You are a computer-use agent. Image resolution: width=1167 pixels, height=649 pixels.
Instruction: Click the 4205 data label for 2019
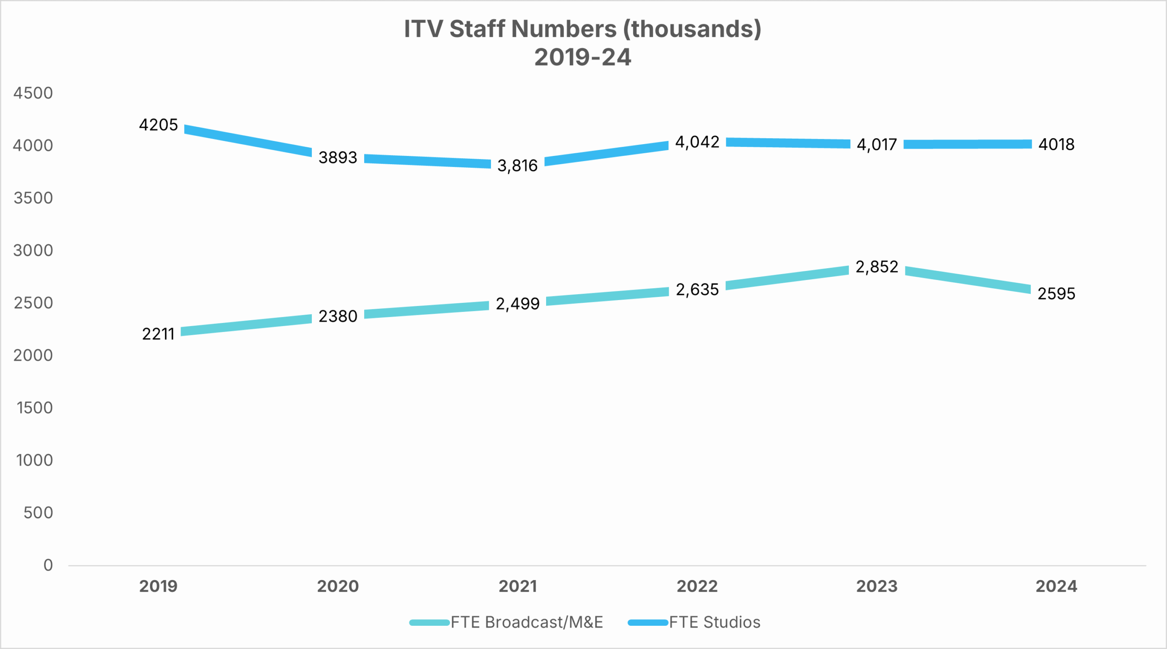(158, 125)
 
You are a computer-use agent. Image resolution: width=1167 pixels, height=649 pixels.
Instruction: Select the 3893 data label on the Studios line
(338, 157)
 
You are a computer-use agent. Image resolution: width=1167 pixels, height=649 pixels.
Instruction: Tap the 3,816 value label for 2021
(517, 166)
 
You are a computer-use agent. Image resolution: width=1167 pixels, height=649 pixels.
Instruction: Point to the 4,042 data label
(697, 142)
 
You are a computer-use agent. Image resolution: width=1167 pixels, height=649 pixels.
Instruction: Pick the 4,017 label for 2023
(877, 145)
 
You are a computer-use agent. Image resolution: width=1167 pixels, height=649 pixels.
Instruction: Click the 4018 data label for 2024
(1056, 145)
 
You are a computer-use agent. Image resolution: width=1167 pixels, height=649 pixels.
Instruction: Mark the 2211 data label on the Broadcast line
(158, 334)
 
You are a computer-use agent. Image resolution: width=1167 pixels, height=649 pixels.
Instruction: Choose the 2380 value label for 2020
(338, 316)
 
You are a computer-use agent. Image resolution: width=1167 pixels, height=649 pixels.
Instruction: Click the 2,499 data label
(517, 304)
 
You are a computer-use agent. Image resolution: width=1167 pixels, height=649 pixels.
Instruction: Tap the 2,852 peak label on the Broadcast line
(877, 267)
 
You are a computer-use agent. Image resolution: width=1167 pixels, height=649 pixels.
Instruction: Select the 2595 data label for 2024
(1056, 293)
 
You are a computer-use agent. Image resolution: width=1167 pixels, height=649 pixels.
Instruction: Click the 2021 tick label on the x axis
(517, 586)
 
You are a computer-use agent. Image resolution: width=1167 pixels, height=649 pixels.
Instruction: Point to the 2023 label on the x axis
(877, 586)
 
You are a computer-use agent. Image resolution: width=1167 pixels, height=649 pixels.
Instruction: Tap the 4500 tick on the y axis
(33, 93)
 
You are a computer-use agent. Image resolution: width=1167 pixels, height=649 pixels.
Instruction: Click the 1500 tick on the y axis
(35, 408)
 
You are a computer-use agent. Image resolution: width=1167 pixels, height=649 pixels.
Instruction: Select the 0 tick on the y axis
(48, 565)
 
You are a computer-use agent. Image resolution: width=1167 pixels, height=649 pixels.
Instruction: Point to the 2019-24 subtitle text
(583, 57)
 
